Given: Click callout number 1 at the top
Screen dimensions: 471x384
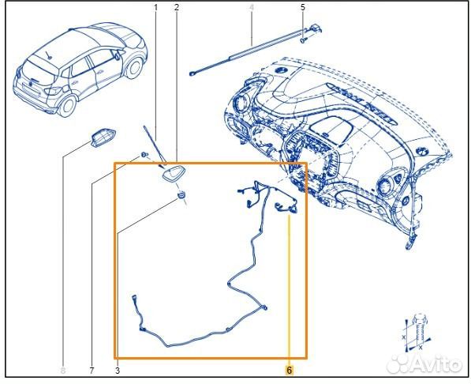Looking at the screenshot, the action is (x=155, y=8).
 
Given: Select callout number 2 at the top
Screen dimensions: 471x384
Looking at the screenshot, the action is (x=176, y=8).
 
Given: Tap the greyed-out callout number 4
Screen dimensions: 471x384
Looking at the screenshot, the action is (x=252, y=8).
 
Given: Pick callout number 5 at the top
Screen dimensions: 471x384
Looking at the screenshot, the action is (x=302, y=8).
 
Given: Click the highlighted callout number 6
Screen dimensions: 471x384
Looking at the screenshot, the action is (x=289, y=370).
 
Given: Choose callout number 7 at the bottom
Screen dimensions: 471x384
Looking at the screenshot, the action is (x=92, y=371).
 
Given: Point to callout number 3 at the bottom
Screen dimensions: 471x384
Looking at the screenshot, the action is (x=118, y=371).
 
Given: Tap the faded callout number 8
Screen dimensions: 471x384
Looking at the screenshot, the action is (x=63, y=371).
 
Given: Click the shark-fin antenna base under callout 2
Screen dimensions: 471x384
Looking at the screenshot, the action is (x=174, y=173).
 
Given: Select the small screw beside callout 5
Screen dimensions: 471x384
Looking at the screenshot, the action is (x=303, y=40).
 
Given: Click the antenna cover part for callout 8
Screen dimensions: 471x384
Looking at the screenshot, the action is (x=103, y=137).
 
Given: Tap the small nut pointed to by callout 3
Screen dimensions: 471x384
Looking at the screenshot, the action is (x=181, y=194).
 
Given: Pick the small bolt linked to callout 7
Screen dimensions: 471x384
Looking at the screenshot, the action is (x=145, y=154).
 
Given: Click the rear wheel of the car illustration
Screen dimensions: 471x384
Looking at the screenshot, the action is (x=68, y=106).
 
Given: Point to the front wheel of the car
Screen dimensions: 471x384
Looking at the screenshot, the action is (x=134, y=68).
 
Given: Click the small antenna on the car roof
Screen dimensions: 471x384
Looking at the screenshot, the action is (x=48, y=55).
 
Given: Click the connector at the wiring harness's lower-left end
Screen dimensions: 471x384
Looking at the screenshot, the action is (x=134, y=297).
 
